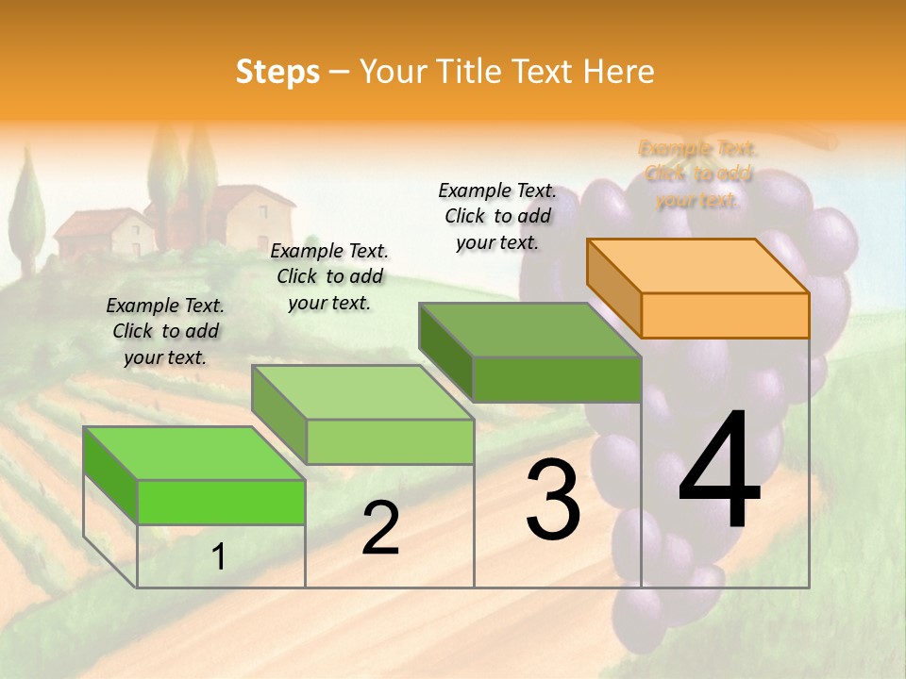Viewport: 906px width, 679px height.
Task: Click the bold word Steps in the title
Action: [277, 72]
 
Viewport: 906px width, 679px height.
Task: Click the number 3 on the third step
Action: [552, 499]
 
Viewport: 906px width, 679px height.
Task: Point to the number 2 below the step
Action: [380, 528]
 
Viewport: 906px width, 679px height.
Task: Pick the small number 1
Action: [218, 557]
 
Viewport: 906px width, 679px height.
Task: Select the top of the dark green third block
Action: [530, 329]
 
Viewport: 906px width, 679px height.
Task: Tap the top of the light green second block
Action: [362, 391]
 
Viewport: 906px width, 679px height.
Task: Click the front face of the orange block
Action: [725, 315]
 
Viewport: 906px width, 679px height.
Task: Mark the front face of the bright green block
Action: [221, 502]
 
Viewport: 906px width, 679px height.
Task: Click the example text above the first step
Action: [165, 331]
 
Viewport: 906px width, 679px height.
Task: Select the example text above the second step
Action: [329, 276]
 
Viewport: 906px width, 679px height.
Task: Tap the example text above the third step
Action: [497, 216]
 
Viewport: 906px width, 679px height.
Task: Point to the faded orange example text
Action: [697, 174]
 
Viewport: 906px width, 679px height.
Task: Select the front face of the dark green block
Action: [557, 379]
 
